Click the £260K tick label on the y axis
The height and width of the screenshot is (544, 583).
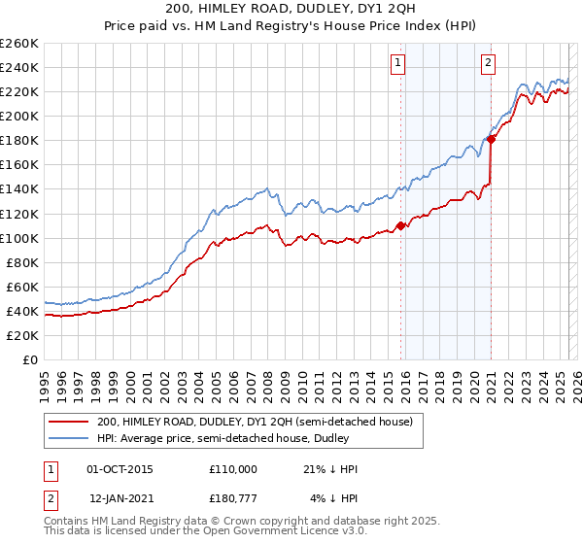tap(19, 44)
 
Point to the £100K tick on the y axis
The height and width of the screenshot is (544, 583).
tap(19, 238)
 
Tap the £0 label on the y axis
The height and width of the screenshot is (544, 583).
tap(30, 360)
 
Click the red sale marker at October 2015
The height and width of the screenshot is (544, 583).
tap(400, 225)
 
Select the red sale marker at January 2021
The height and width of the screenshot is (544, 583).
tap(492, 139)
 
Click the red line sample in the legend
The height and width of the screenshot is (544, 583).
tap(68, 422)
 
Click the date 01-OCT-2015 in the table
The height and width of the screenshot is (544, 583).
tap(120, 469)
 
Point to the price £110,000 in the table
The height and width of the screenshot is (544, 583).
tap(233, 469)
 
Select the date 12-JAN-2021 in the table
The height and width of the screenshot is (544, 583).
tap(120, 499)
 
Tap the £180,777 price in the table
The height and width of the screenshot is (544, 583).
tap(233, 499)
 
